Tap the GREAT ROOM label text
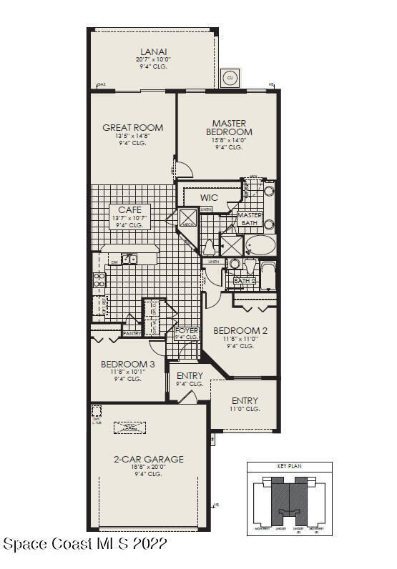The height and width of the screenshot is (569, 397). point(132,128)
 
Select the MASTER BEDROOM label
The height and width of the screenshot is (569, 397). point(229,128)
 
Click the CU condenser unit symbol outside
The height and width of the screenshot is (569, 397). point(230,76)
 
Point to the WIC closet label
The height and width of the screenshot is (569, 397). point(209,197)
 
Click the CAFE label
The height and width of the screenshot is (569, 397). point(129,209)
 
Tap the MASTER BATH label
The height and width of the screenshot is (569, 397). point(250,219)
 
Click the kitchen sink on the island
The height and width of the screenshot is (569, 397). point(129,259)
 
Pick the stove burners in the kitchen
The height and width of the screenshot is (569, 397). point(99,279)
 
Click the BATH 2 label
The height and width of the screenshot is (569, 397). point(245,281)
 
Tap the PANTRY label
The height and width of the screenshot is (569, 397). point(132,333)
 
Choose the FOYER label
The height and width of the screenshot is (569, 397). point(187,330)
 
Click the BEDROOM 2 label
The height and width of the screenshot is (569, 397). point(240,330)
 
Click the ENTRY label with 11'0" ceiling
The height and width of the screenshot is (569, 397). point(245,401)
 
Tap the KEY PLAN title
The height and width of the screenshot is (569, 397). point(289,466)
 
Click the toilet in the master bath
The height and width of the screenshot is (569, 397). point(209,247)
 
